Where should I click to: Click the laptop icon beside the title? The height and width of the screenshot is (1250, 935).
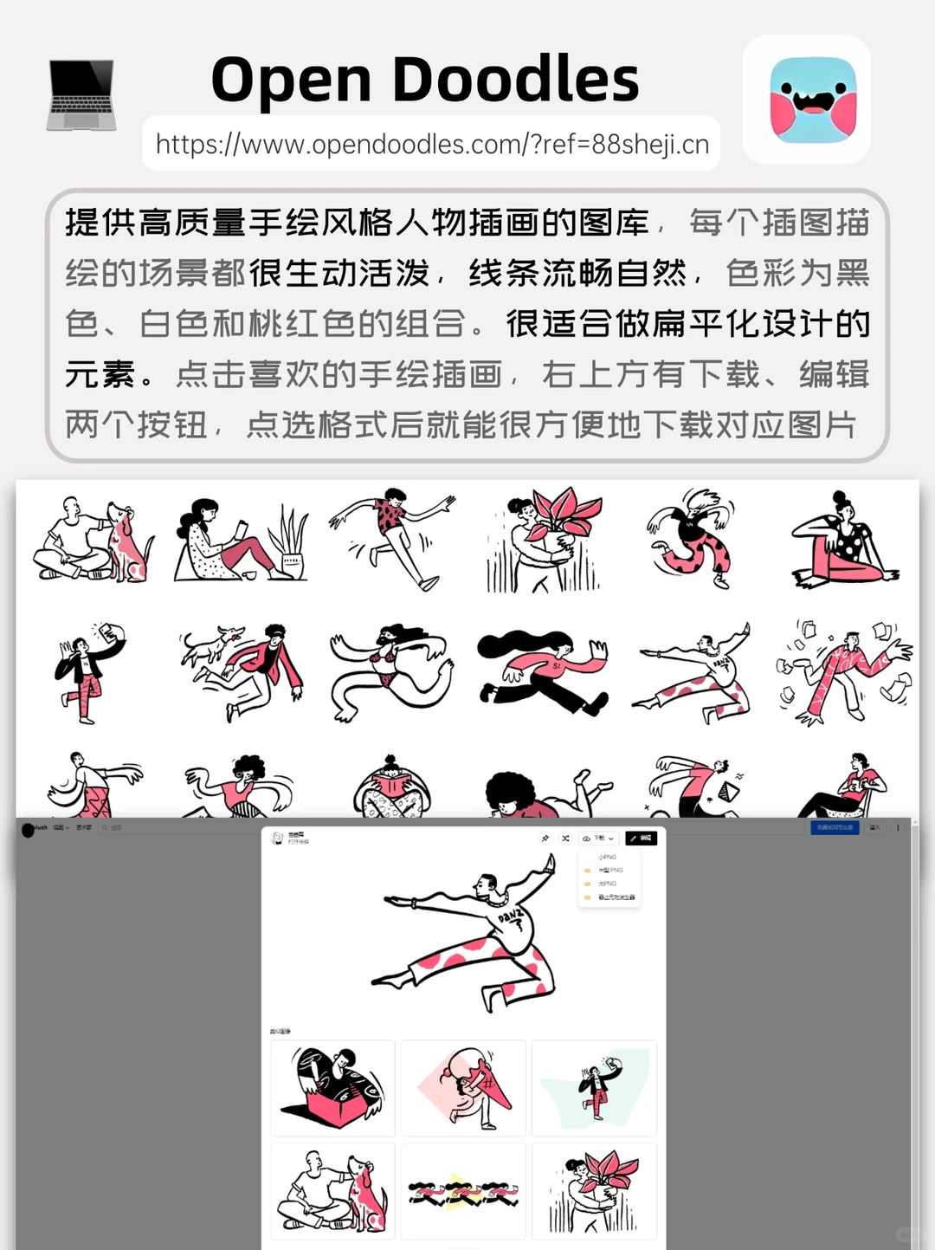(x=81, y=94)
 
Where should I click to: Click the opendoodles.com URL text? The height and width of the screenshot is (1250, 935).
(x=432, y=144)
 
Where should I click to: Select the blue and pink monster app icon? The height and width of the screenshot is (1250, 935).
(x=812, y=100)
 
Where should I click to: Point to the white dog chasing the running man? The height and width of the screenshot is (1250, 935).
(x=207, y=645)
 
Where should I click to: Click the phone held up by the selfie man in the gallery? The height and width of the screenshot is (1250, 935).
(x=108, y=632)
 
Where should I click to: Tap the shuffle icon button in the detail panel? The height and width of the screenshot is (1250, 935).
(x=565, y=839)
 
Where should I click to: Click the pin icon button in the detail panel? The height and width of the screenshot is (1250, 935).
(x=545, y=839)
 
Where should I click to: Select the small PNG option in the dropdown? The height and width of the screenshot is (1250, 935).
(x=608, y=857)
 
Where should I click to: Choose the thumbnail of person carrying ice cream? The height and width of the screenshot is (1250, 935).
(x=463, y=1088)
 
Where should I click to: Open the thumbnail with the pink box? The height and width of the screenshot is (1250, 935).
(x=332, y=1088)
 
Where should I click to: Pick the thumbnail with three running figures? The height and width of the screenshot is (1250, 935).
(x=463, y=1192)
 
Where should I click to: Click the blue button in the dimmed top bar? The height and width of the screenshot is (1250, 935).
(x=835, y=827)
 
